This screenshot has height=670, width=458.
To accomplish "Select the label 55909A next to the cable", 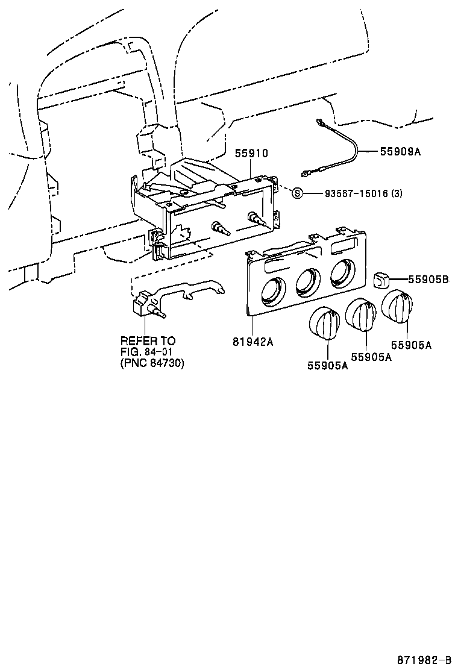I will (x=400, y=152).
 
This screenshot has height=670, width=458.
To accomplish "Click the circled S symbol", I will (x=296, y=193).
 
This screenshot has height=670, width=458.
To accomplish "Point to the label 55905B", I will (x=428, y=279).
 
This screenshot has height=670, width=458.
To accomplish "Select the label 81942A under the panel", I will (x=253, y=342).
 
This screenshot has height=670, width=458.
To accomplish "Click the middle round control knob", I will (x=362, y=315).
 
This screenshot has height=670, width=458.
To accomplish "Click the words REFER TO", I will (x=148, y=341).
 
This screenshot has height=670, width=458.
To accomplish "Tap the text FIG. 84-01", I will (x=148, y=352).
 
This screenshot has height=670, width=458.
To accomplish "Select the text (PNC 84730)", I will (x=152, y=363).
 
